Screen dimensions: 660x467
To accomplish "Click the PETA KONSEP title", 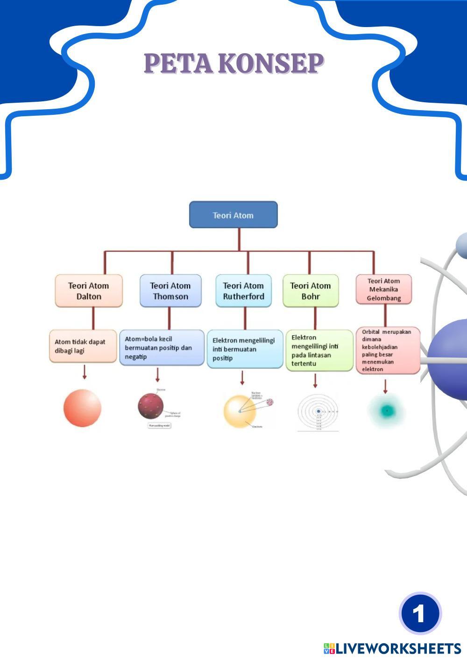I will (233, 63).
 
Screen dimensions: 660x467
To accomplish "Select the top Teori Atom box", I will (233, 215).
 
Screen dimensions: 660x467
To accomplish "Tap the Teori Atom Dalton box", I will (89, 291).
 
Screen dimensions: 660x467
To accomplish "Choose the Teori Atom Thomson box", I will (170, 291).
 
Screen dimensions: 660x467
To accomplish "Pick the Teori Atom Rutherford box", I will (243, 291).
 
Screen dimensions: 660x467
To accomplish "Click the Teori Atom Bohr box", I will (311, 291).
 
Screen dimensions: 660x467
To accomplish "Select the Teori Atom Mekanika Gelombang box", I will (384, 289).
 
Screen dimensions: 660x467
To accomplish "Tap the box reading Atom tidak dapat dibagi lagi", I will (83, 346).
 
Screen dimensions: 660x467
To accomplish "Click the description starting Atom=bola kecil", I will (162, 348).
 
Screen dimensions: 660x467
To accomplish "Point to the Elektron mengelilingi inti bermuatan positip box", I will (245, 349).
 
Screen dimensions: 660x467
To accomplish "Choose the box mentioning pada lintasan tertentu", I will (319, 351).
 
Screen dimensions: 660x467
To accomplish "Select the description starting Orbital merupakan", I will (388, 351).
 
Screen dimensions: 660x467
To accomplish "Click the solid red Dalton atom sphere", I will (82, 408).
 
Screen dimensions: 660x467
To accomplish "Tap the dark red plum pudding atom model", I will (151, 406).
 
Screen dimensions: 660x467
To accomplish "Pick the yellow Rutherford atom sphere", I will (240, 411).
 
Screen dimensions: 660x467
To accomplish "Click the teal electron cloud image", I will (386, 411).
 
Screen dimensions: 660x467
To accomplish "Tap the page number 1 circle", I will (420, 613).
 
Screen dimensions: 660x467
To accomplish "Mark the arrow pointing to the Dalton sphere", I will (85, 372).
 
